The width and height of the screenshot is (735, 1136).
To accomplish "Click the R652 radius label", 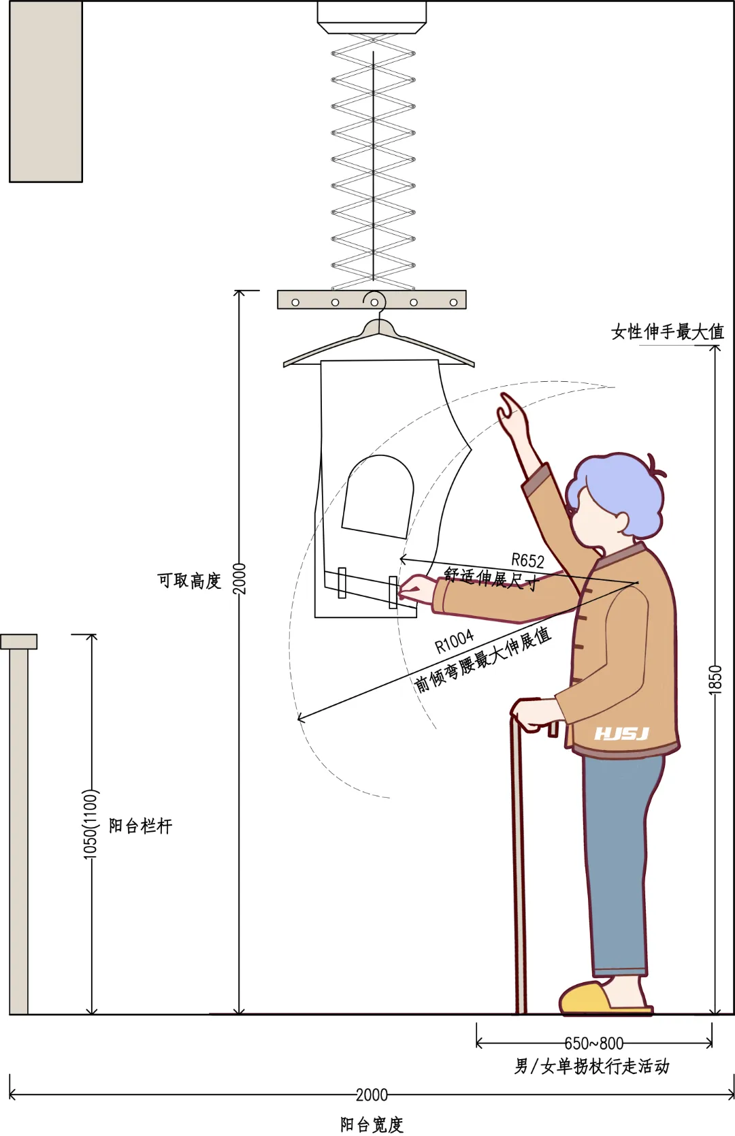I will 527,561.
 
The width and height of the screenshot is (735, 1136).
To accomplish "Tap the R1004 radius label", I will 454,641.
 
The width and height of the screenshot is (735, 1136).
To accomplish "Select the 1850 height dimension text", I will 715,680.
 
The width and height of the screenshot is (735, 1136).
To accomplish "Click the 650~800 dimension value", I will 593,1043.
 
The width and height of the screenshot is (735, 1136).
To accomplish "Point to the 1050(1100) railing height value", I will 91,824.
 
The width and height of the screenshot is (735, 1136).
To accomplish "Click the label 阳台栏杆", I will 141,826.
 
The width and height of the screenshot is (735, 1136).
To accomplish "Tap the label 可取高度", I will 189,581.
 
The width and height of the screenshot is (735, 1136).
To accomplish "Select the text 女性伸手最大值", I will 667,332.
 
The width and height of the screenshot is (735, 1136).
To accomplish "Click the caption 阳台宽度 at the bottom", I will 372,1124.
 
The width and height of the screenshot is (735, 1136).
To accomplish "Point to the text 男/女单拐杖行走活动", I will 591,1066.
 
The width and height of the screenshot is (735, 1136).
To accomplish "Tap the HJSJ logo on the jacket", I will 621,734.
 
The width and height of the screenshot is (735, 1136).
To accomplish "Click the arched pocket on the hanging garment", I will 378,496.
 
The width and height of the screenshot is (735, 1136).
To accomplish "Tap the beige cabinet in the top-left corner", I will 46,91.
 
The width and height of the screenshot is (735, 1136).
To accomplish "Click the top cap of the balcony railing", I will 19,641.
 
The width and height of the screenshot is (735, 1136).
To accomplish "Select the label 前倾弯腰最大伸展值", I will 483,660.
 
